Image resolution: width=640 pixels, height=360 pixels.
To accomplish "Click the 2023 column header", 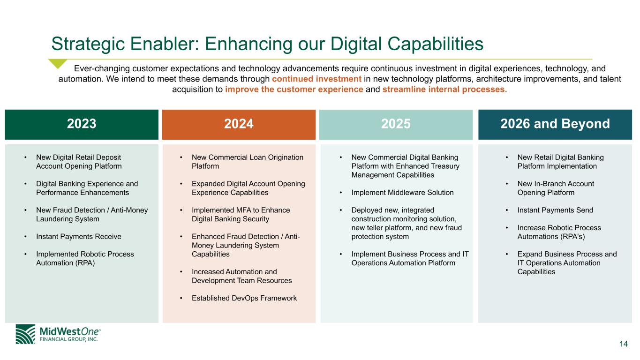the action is tap(82, 124).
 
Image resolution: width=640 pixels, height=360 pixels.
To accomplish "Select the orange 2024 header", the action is tap(239, 124).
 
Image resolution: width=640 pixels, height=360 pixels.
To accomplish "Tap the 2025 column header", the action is tap(396, 124).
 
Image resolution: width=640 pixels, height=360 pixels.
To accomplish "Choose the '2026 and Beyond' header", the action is tap(555, 124).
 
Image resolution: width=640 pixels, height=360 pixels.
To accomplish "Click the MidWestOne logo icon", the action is tap(25, 334).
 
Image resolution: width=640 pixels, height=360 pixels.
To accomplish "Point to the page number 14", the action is tap(624, 344).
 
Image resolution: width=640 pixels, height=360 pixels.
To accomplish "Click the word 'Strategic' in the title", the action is tap(88, 44).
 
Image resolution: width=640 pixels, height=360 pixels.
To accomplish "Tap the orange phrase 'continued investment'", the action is tap(316, 79).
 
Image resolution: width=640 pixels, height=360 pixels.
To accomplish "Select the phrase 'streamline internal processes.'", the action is tap(444, 90).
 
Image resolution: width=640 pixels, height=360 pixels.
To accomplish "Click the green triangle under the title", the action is tap(57, 63).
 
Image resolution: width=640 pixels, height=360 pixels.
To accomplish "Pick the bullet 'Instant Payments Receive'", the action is tap(79, 237).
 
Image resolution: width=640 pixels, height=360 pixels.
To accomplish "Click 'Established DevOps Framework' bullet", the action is tap(244, 298).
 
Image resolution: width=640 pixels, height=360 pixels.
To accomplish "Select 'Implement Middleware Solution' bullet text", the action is tap(402, 193).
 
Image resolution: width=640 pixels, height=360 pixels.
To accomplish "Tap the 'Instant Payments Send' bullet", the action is tap(555, 210).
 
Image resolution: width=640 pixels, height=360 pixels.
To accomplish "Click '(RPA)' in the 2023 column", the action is tap(85, 263).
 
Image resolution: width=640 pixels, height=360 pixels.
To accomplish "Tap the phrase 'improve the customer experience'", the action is tap(294, 90).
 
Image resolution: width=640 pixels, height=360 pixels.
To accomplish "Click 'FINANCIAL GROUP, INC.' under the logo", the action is tap(68, 339).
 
